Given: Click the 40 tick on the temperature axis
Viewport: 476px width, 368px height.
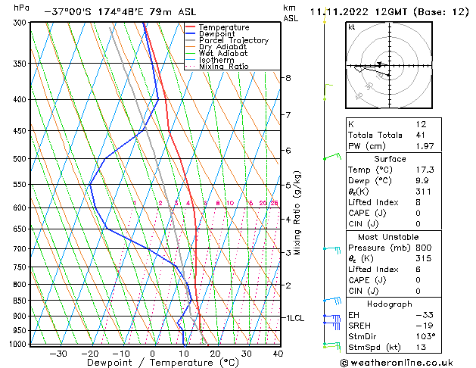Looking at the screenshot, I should [278, 353].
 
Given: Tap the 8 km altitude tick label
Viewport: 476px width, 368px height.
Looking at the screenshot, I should [288, 78].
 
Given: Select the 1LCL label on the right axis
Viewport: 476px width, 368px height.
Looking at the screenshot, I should [294, 318].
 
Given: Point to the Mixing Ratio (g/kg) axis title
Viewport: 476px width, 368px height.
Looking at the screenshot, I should [298, 212].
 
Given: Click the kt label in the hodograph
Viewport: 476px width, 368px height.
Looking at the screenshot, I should [352, 27].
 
